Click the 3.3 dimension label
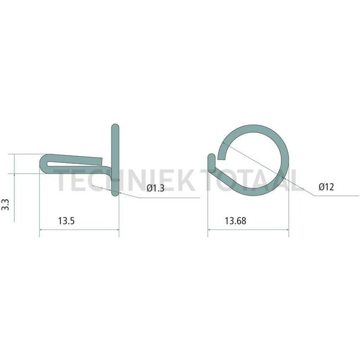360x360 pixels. coord(6,205)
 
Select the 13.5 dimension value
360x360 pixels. coord(66,220)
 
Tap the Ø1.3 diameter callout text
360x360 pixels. coord(156,189)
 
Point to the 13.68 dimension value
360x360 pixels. coord(235,220)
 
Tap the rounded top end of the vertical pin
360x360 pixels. coord(115,127)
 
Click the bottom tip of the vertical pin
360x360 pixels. coord(115,193)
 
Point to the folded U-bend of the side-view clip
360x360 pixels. coord(44,161)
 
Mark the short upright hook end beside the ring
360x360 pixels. coord(211,161)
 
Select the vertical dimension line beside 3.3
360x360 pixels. coord(16,188)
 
